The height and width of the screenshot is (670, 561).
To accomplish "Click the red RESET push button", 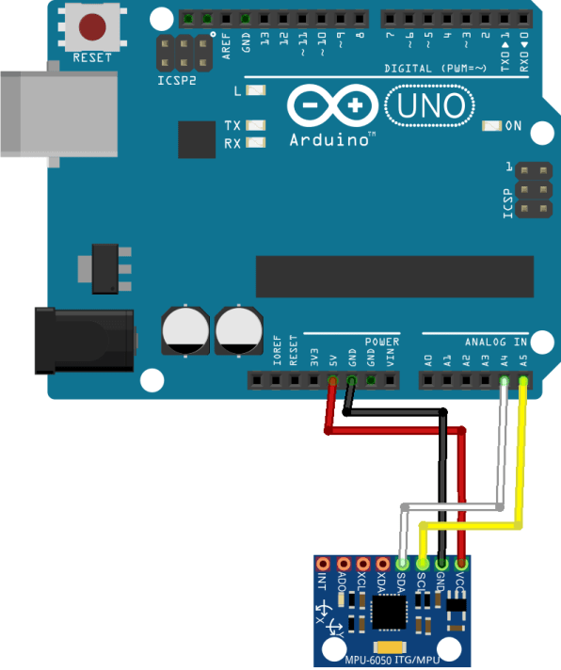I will tap(92, 26).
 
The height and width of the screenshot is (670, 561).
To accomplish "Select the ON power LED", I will tap(490, 126).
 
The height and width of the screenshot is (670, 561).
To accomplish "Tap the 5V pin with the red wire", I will tap(333, 380).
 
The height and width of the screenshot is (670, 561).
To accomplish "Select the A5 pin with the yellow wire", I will tap(523, 380).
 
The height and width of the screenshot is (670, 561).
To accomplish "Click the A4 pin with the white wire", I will tap(505, 380).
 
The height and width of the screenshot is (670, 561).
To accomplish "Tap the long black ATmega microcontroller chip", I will tap(394, 276).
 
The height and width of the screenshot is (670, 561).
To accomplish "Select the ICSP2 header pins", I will tap(184, 54).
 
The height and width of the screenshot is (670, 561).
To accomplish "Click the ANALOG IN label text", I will tap(495, 342).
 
